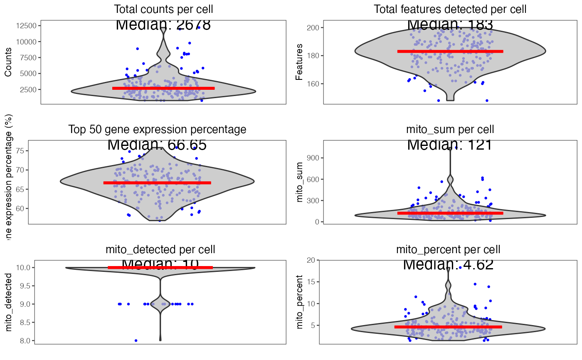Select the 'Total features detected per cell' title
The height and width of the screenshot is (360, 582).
[450, 9]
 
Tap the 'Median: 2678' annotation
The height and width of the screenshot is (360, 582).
[163, 25]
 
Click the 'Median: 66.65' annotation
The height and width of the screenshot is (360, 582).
[157, 145]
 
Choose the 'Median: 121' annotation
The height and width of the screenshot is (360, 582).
[450, 145]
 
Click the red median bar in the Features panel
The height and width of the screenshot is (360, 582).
[450, 52]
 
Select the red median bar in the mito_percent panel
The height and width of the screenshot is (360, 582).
[448, 327]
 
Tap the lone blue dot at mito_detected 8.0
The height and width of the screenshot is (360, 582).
[136, 340]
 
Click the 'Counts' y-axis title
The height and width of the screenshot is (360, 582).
[8, 64]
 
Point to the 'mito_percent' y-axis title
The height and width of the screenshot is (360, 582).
[299, 304]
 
